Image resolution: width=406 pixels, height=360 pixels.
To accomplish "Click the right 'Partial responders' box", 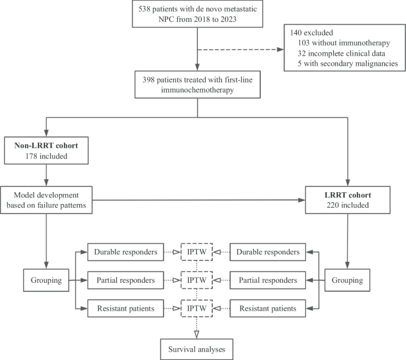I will tap(268, 279).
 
